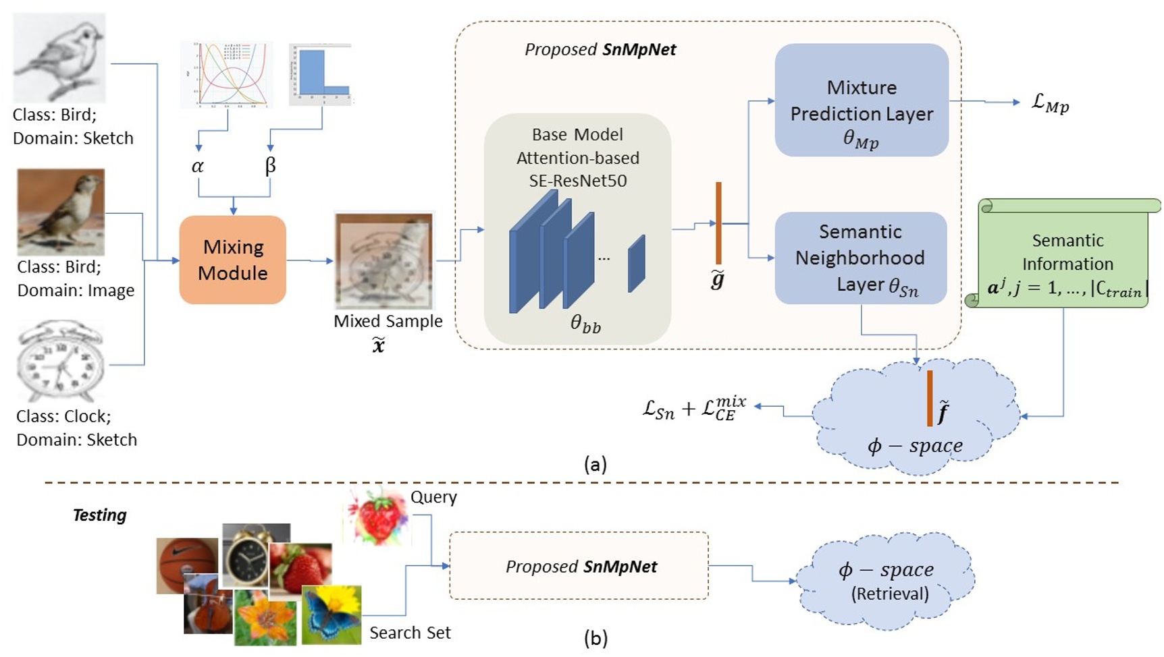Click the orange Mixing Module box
tap(232, 260)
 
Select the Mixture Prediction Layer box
tap(862, 101)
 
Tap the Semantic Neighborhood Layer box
tap(860, 258)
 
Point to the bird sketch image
tap(59, 57)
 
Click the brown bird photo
tap(61, 211)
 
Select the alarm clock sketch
tap(60, 361)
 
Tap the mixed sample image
tap(384, 261)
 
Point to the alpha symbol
tap(197, 166)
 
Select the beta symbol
tap(270, 166)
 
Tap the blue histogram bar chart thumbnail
tap(320, 74)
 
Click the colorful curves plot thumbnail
tap(226, 74)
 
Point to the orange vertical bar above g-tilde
tap(718, 223)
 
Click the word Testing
tap(99, 515)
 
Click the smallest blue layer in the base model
tap(636, 264)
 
